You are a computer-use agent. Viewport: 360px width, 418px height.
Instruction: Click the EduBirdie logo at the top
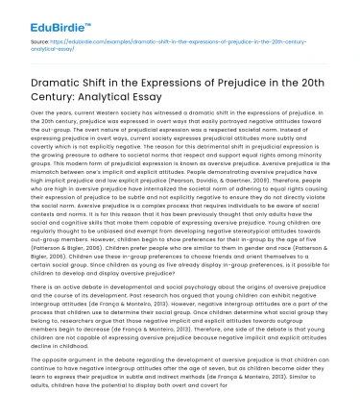point(46,15)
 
